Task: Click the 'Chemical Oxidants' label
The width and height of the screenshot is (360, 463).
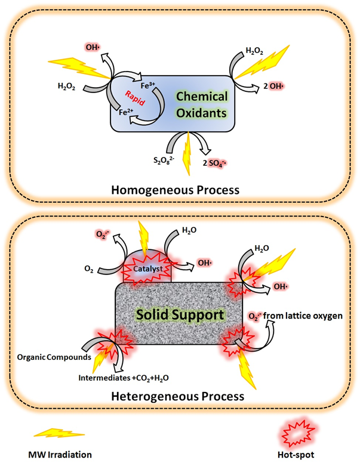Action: coord(201,105)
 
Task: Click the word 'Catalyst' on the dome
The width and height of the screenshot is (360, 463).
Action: coord(149,269)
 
